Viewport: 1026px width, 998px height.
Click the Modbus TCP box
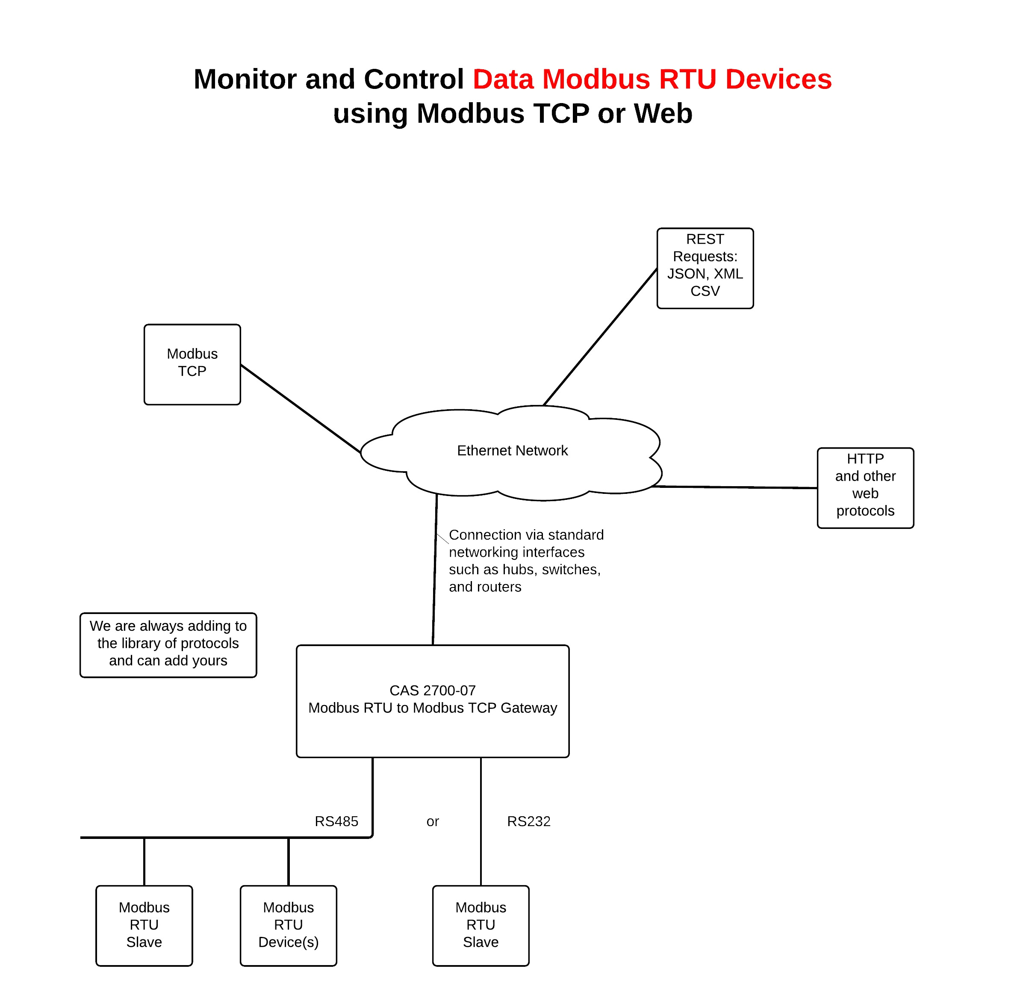click(x=192, y=364)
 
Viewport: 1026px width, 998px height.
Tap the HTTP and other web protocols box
click(x=865, y=487)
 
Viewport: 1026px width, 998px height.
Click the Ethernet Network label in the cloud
click(x=512, y=450)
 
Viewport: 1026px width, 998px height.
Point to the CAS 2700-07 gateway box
click(x=432, y=701)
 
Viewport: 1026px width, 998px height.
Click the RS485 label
click(x=336, y=821)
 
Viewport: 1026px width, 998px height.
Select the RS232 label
click(x=528, y=821)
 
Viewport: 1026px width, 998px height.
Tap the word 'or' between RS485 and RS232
click(x=432, y=821)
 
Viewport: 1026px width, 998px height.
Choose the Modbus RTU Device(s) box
click(x=288, y=925)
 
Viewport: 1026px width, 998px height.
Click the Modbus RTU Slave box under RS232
click(x=481, y=925)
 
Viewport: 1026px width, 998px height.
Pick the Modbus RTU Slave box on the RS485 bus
click(x=144, y=925)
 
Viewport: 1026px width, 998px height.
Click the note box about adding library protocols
click(x=168, y=645)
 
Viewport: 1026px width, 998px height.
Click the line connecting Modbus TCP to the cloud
click(x=300, y=408)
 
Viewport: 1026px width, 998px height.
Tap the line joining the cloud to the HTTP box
click(x=734, y=487)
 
